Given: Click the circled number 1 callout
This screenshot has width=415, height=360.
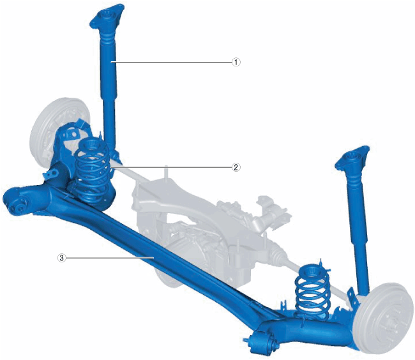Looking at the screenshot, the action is click(x=236, y=62).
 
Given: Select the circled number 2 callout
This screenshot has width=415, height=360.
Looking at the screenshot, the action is click(x=236, y=167).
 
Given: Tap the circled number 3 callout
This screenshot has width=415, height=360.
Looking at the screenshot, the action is click(x=61, y=258).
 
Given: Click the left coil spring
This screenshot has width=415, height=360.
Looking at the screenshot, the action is click(x=93, y=172).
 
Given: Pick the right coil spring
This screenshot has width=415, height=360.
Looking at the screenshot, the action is click(x=313, y=291).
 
